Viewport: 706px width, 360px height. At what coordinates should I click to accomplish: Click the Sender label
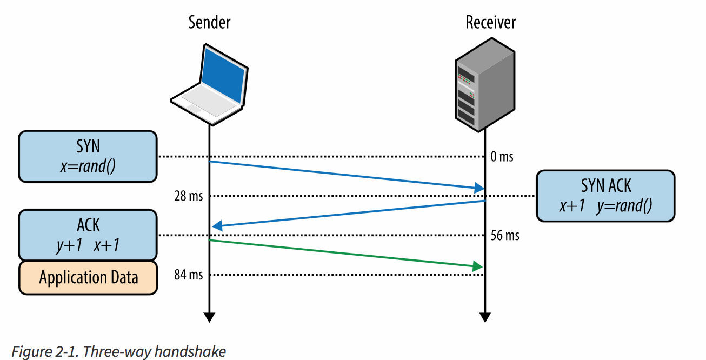[209, 22]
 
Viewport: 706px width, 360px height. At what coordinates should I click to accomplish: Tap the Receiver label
[490, 22]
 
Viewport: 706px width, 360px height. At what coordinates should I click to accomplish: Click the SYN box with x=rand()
[88, 156]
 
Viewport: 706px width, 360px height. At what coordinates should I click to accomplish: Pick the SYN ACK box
[605, 196]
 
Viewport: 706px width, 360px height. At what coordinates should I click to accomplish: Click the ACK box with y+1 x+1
[88, 236]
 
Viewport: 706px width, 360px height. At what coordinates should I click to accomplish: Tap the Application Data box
[88, 278]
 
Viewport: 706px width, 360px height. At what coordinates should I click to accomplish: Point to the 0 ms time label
[502, 157]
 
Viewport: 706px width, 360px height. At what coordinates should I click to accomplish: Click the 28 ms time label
[188, 196]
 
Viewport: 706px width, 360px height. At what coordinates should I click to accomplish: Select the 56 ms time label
[505, 236]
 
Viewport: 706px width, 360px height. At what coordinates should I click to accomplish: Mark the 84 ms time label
[188, 275]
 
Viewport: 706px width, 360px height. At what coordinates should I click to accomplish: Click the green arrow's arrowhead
[477, 266]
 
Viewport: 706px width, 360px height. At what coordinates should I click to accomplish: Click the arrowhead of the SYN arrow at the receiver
[479, 189]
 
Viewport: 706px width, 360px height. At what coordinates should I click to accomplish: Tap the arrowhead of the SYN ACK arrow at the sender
[216, 227]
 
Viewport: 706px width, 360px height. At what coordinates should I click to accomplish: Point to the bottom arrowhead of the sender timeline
[209, 317]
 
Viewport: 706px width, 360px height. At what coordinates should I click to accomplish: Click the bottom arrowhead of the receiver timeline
[485, 317]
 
